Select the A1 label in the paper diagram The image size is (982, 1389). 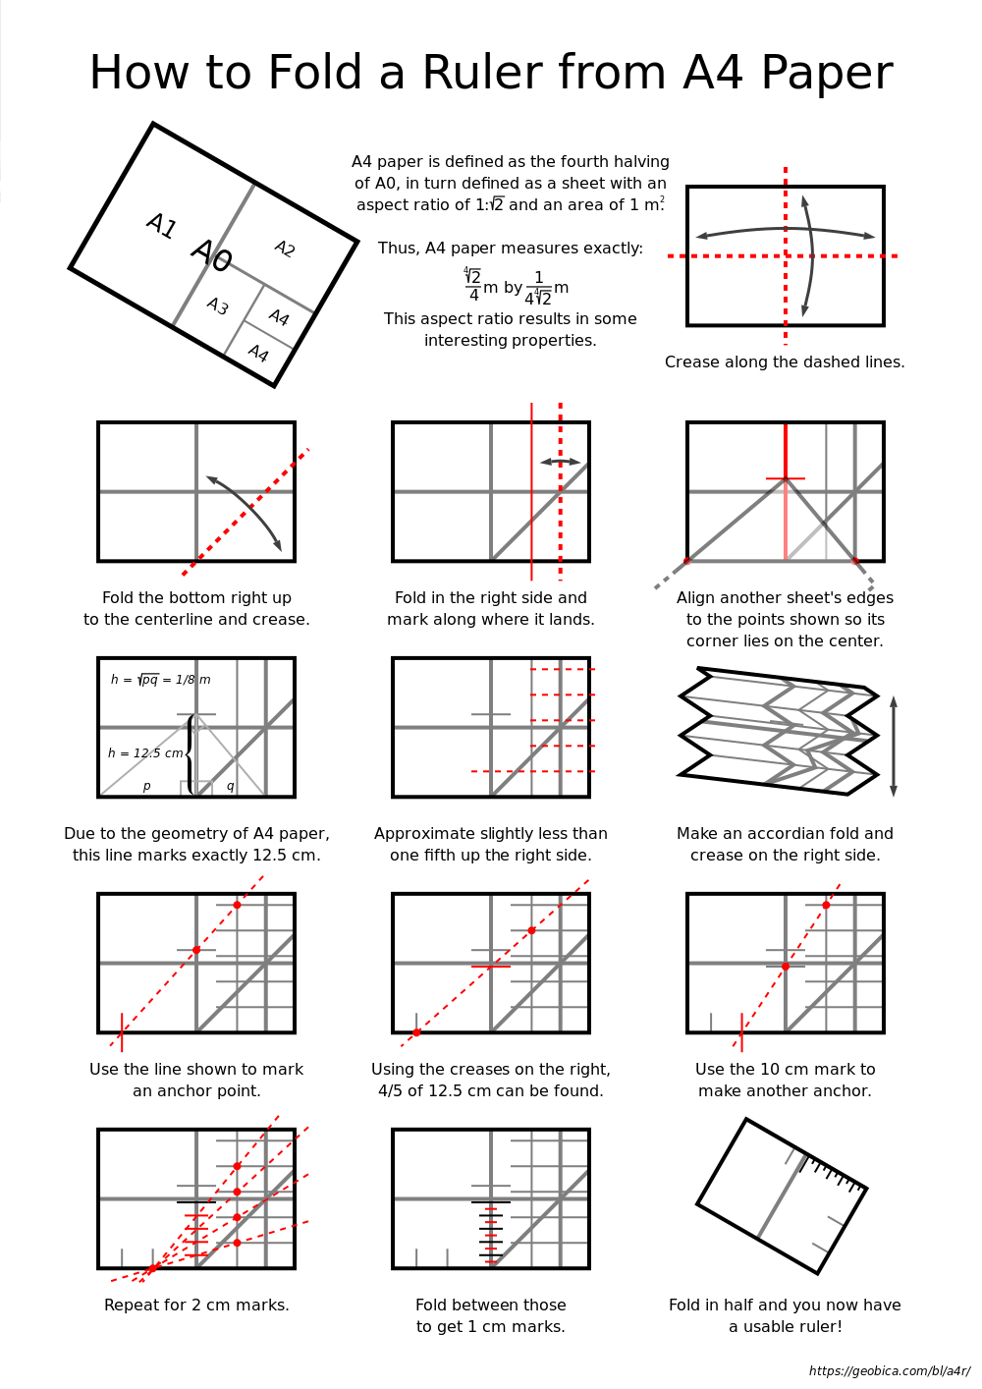pos(161,226)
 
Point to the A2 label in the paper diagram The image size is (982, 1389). pos(285,249)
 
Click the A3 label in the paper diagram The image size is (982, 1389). pos(217,306)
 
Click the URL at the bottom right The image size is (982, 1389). pos(889,1371)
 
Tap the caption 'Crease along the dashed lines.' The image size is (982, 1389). pos(785,362)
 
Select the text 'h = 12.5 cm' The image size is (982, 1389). pos(145,753)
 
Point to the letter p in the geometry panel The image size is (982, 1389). pos(146,787)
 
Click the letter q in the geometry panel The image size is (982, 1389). pos(230,786)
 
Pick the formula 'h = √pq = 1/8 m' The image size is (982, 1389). pos(160,680)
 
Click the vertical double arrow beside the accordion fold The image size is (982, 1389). pos(894,747)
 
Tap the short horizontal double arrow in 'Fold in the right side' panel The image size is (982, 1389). pos(560,462)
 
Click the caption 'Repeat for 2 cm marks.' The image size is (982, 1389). pos(196,1306)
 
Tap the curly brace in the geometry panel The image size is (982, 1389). pos(190,753)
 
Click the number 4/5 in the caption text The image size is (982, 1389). pos(394,1091)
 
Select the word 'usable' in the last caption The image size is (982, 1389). pos(775,1327)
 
